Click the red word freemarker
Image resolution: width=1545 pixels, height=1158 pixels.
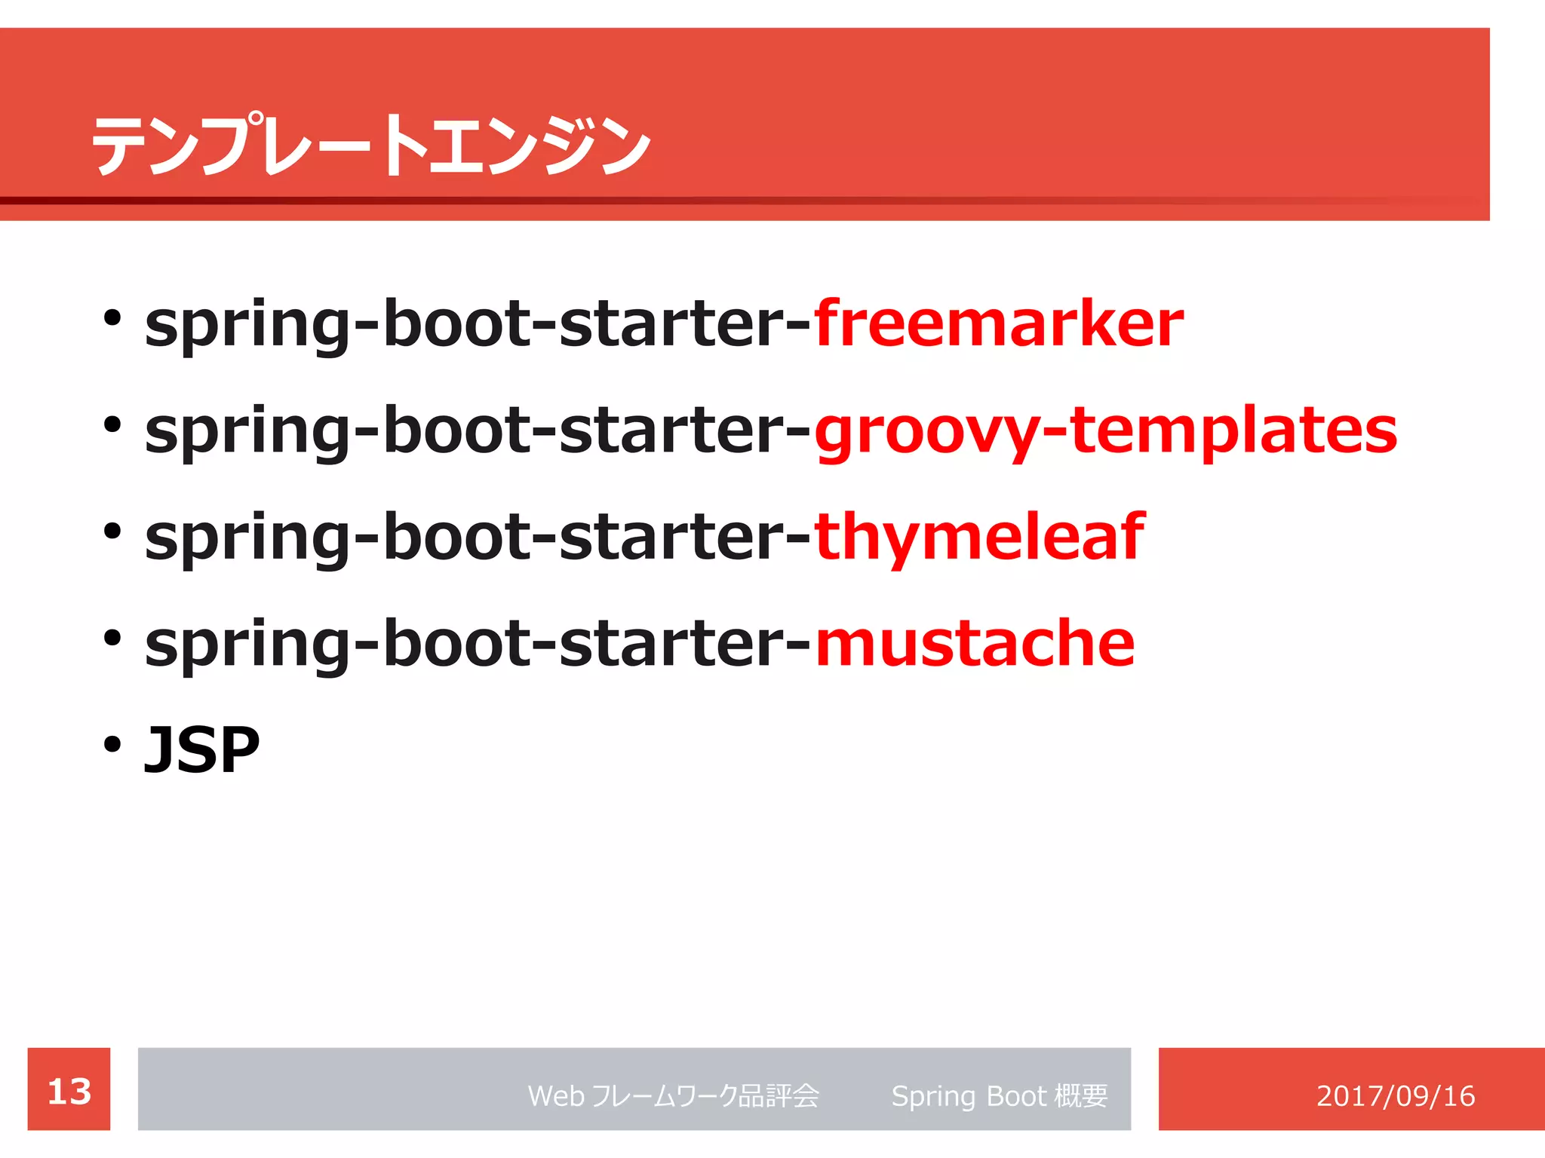click(x=997, y=324)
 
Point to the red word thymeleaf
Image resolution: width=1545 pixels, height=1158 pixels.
click(x=978, y=538)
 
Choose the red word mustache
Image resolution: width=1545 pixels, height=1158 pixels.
click(x=974, y=644)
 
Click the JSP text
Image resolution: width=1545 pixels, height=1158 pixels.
click(x=202, y=750)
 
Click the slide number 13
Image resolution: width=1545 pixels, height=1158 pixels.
click(x=69, y=1091)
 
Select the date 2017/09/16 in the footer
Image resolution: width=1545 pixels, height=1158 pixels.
click(x=1395, y=1095)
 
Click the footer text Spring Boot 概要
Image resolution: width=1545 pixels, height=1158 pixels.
click(x=999, y=1095)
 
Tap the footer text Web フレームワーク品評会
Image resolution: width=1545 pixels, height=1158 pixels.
click(x=673, y=1095)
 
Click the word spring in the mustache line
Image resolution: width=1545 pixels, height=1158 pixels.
click(x=247, y=647)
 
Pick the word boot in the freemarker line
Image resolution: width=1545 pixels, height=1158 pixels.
click(x=453, y=324)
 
